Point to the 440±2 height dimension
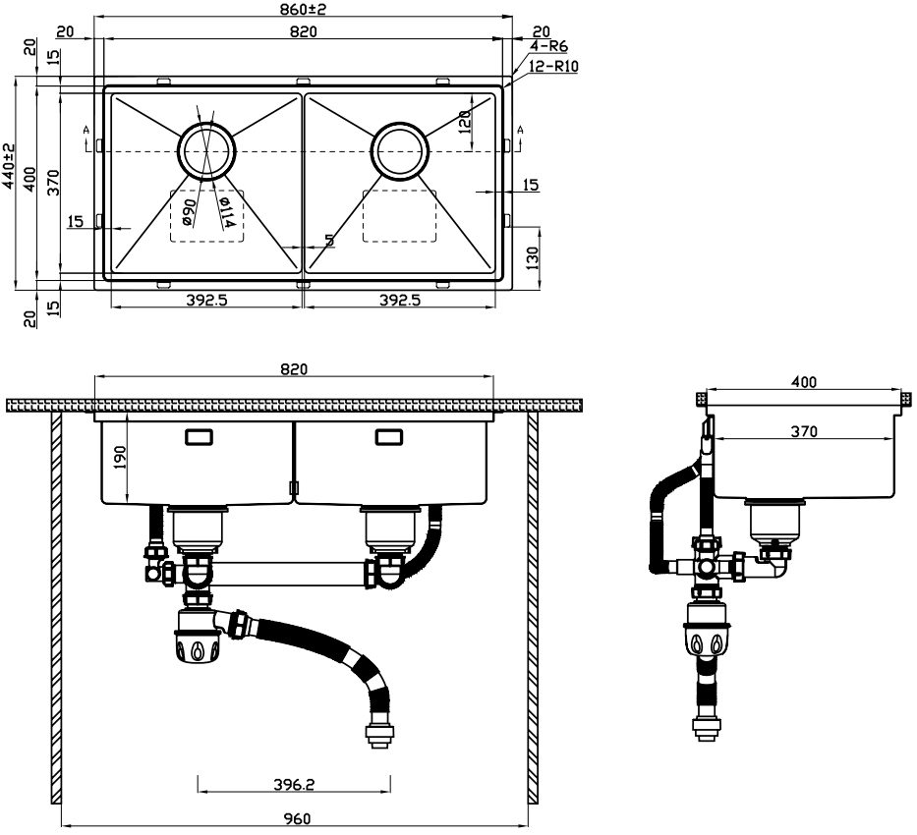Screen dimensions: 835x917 point(9,166)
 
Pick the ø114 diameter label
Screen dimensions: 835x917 point(225,213)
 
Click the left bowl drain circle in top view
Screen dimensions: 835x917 point(206,151)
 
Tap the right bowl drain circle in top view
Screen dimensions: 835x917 point(400,151)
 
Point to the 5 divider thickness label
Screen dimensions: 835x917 point(328,240)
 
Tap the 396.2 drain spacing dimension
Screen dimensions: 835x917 point(295,785)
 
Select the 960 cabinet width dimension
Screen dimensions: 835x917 point(296,818)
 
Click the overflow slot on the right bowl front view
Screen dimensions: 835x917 point(387,437)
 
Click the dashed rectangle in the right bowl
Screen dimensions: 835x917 point(399,214)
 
